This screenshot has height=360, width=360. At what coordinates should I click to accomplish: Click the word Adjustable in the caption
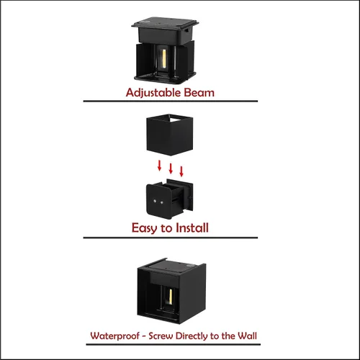(153, 93)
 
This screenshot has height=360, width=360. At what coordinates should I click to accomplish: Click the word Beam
(199, 93)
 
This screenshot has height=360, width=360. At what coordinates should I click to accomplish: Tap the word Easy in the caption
(144, 228)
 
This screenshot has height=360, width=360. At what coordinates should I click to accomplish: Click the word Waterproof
(114, 336)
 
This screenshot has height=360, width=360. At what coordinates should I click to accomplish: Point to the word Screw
(161, 336)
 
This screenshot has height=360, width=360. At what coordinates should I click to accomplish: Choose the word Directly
(192, 336)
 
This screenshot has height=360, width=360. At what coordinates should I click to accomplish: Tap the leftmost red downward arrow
(159, 166)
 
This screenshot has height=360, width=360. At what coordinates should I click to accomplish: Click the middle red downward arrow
(171, 168)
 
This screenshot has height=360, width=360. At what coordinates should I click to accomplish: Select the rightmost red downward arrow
(181, 171)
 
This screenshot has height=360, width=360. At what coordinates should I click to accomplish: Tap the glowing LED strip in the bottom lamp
(171, 297)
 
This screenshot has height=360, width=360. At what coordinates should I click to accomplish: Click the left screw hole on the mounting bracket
(155, 201)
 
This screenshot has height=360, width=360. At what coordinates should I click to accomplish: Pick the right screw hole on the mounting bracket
(162, 203)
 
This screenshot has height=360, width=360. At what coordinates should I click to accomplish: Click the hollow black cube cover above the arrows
(170, 135)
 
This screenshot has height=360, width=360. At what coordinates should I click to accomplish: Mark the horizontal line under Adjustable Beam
(171, 102)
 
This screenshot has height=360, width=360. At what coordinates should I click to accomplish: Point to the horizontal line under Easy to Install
(171, 238)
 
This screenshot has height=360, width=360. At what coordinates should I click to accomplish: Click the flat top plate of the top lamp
(165, 23)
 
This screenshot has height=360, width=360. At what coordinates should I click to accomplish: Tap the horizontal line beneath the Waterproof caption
(174, 345)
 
